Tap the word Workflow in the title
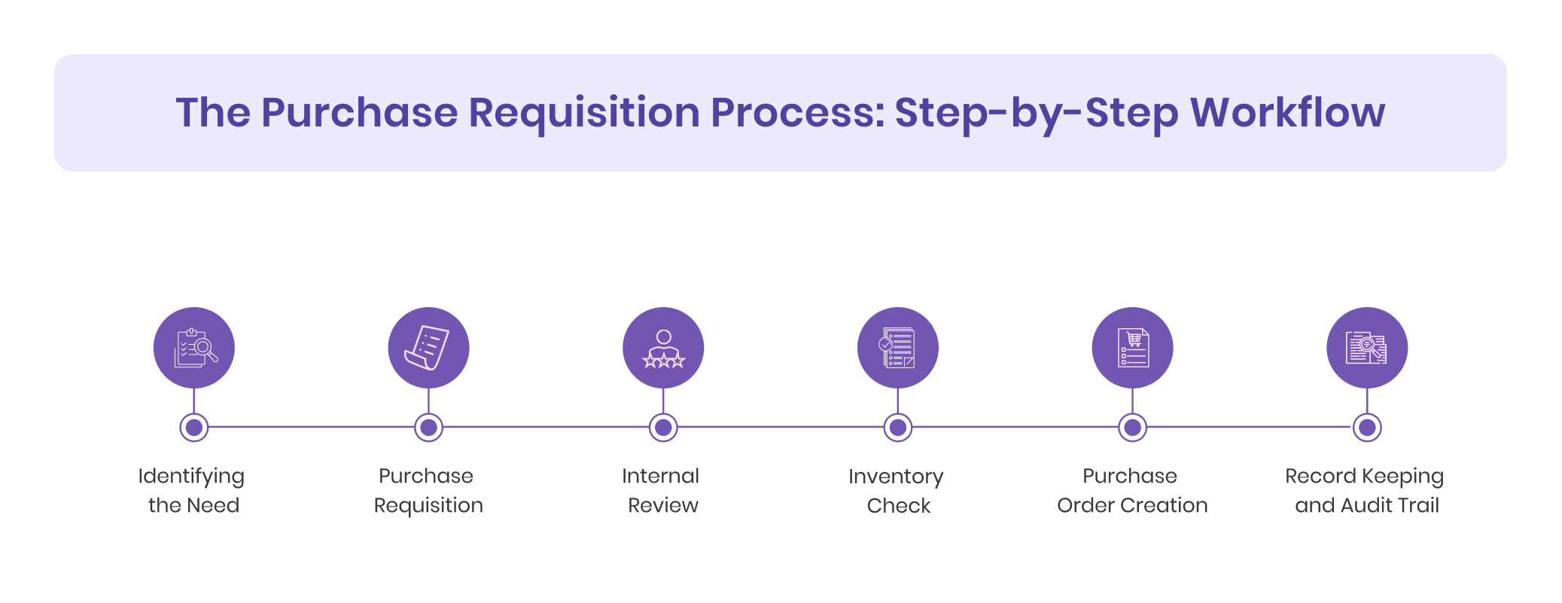[1286, 113]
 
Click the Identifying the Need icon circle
[194, 348]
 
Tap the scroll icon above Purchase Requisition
[428, 348]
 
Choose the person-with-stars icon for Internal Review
[663, 348]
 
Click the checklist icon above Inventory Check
[897, 348]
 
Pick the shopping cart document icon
[1132, 348]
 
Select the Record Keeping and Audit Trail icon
[1366, 348]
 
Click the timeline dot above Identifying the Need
[194, 428]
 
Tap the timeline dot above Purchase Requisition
[428, 428]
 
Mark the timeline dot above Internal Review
[663, 428]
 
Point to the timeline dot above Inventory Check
[897, 428]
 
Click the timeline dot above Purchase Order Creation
[1132, 428]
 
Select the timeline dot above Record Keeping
[1366, 428]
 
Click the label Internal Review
[662, 490]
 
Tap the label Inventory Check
[897, 490]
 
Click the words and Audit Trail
[1366, 505]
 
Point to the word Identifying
[191, 477]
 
